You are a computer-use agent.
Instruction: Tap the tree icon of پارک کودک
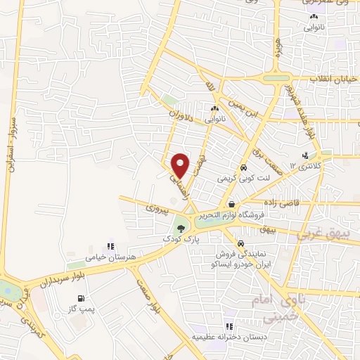[181, 228]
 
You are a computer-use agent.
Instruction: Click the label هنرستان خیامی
[110, 259]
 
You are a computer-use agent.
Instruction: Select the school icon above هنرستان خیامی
[110, 247]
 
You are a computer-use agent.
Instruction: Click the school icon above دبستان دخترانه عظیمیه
[229, 326]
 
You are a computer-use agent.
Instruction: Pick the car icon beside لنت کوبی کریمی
[243, 169]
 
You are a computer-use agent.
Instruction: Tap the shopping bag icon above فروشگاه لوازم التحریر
[231, 205]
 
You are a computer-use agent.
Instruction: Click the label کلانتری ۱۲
[308, 167]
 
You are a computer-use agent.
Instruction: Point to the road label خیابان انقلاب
[334, 79]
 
